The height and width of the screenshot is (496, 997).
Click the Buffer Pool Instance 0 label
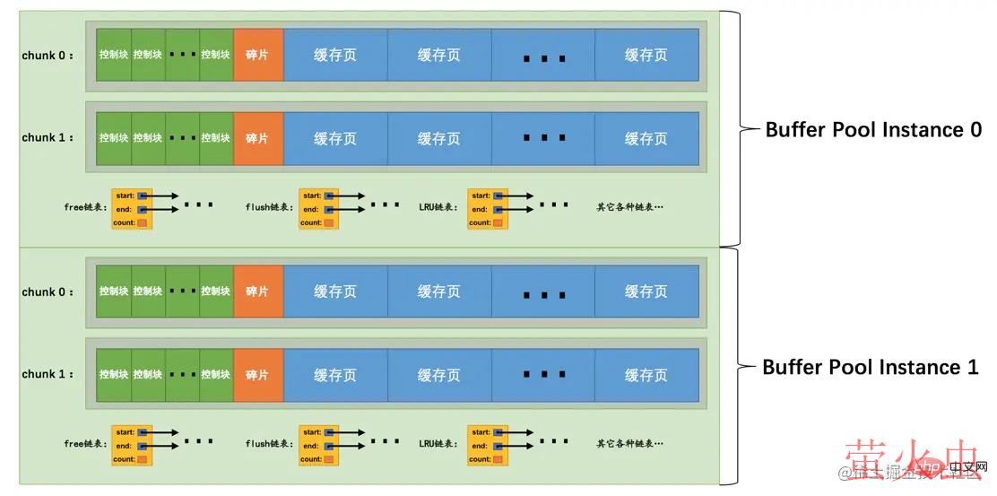tap(872, 129)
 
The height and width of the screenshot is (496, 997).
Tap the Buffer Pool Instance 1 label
tap(870, 367)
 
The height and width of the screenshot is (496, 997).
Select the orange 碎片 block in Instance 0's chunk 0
tap(258, 56)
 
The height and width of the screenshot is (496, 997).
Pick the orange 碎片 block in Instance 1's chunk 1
tap(258, 375)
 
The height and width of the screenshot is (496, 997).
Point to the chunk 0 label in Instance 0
tap(48, 56)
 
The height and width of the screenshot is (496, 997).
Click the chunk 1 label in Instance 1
tap(48, 375)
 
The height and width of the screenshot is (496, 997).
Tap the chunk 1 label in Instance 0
tap(48, 138)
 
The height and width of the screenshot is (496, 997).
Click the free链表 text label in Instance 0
tap(85, 207)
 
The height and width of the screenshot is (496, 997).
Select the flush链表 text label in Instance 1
tap(266, 444)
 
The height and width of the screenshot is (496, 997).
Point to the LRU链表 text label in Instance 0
tap(438, 207)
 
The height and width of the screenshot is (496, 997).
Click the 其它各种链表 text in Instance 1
tap(630, 444)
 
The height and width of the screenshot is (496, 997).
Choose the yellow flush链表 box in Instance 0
tap(317, 208)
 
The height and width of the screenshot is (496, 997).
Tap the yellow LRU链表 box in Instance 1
tap(487, 445)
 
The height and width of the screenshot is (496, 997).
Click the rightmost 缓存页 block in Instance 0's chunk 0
tap(646, 56)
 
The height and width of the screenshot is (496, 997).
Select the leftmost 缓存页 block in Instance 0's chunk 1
tap(335, 138)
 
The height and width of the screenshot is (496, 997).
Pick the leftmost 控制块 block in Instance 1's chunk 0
tap(114, 292)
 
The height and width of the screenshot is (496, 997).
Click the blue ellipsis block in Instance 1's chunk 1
tap(543, 375)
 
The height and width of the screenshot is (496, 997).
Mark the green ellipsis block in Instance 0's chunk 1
tap(183, 138)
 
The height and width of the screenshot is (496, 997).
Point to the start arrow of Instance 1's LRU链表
tap(519, 432)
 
